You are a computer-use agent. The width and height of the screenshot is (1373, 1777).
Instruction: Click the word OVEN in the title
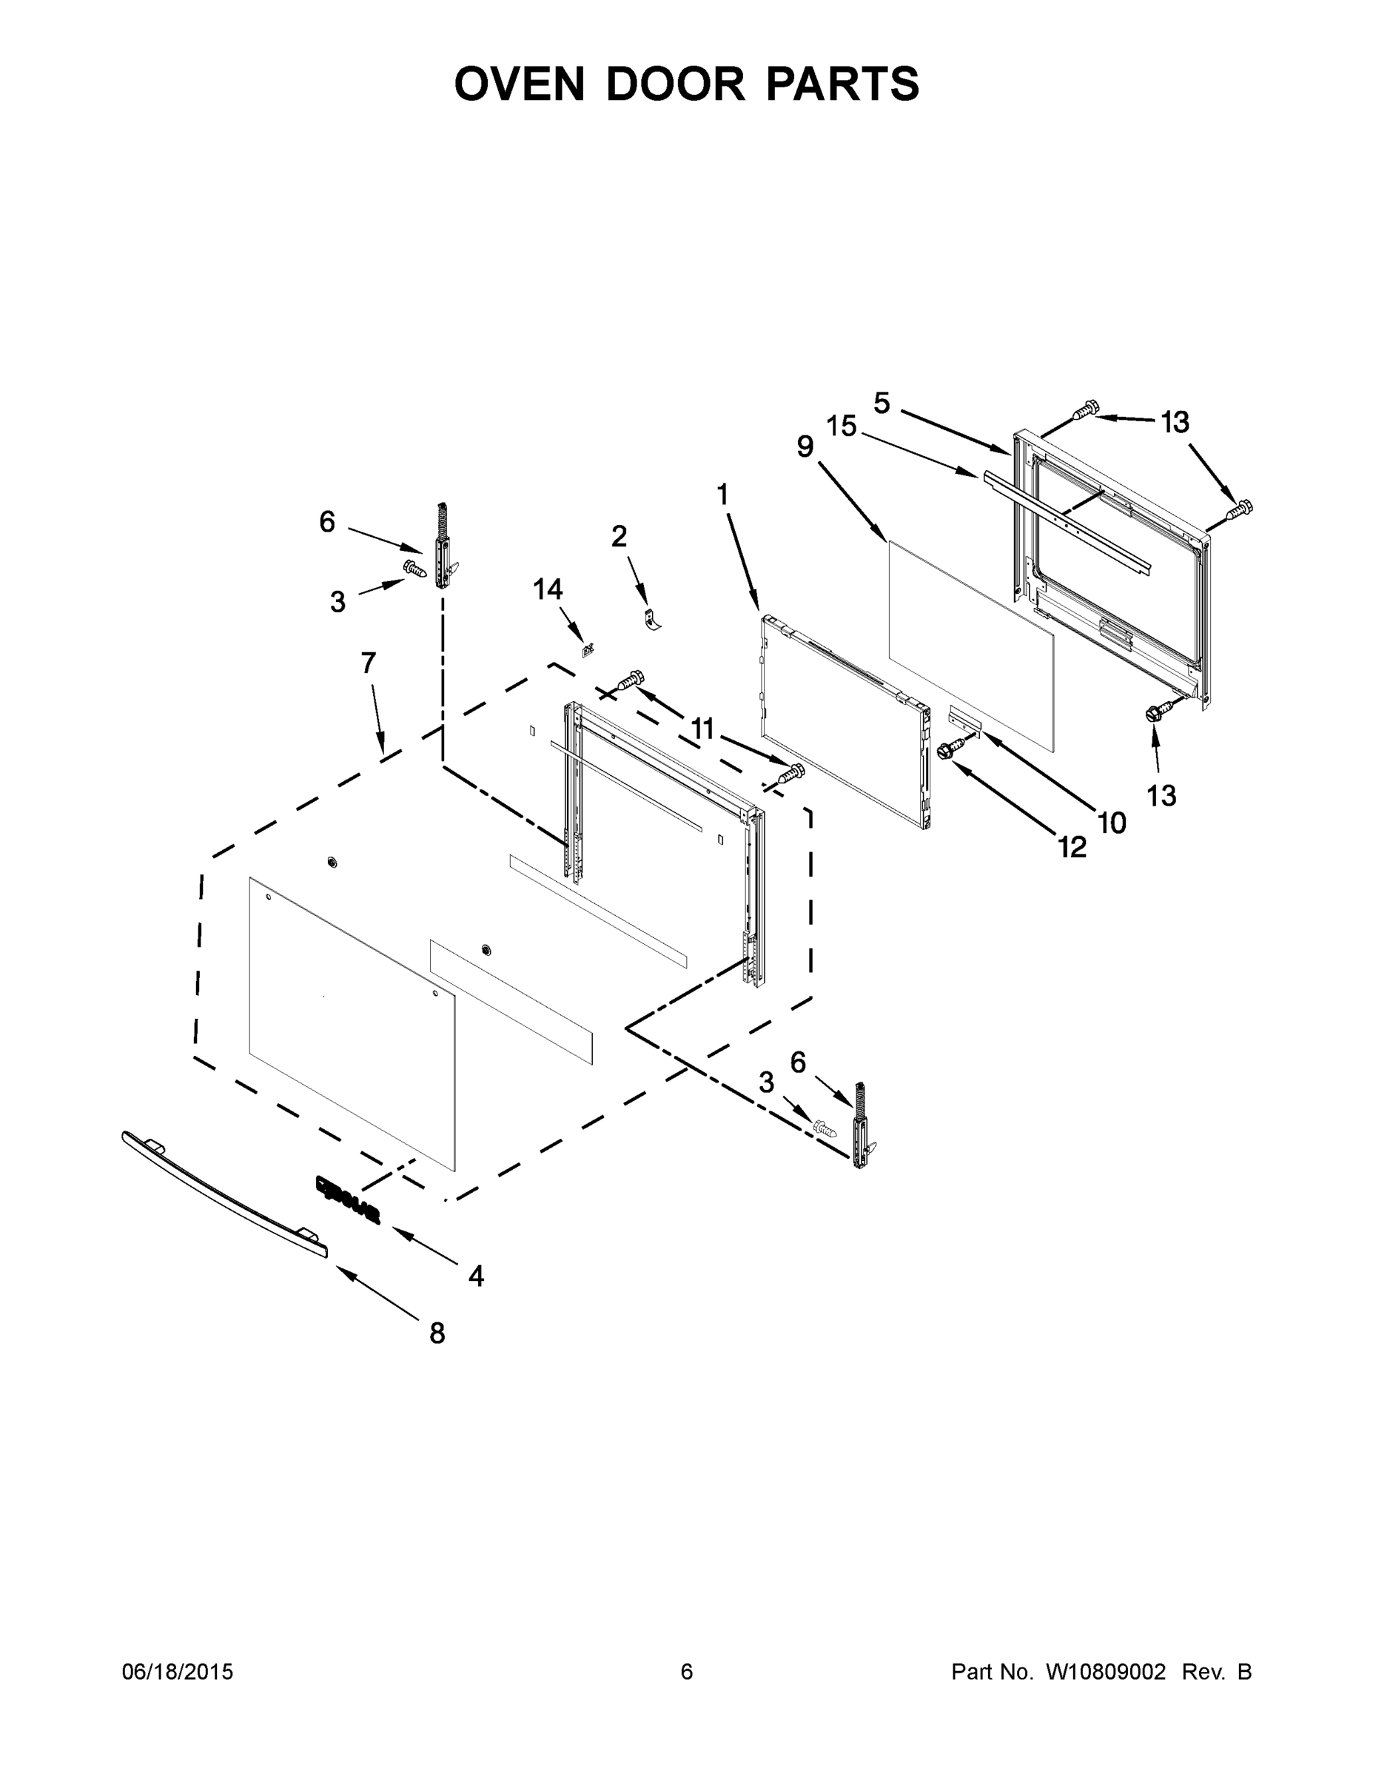tap(519, 84)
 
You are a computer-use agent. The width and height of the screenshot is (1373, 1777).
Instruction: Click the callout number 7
tap(369, 663)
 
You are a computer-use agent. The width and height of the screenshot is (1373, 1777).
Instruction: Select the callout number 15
tap(842, 426)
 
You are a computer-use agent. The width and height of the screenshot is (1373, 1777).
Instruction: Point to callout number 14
tap(548, 589)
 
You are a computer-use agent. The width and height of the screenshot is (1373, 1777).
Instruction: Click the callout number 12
tap(1072, 848)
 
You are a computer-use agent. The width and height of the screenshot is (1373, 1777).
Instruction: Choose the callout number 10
tap(1112, 823)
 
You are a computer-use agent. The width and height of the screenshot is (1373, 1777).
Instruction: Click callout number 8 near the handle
tap(437, 1333)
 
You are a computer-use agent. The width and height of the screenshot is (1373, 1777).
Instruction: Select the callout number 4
tap(476, 1276)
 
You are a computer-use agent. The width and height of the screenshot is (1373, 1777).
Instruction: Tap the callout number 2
tap(619, 536)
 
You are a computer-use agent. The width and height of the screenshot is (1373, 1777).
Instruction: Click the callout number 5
tap(882, 402)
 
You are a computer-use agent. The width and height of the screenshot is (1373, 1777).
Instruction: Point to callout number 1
tap(722, 494)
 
